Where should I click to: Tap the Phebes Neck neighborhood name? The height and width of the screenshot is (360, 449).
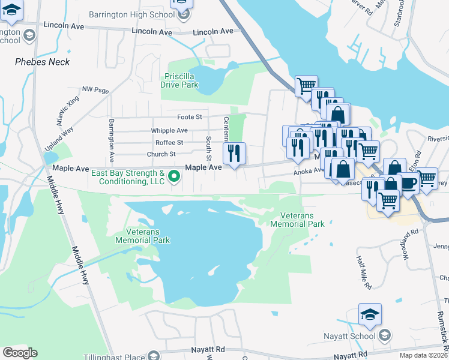[x=42, y=62]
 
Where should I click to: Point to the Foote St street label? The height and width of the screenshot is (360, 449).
[x=190, y=116]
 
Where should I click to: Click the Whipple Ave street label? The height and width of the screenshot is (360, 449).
[x=169, y=130]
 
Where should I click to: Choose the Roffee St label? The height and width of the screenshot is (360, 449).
[x=169, y=142]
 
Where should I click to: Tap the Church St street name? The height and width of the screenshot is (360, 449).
[x=161, y=154]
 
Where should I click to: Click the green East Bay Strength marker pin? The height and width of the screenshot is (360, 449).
[x=174, y=176]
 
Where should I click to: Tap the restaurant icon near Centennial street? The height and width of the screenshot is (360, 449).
[x=235, y=153]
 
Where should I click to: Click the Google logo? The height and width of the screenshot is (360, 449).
[x=20, y=353]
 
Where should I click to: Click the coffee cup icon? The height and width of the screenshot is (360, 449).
[x=408, y=184]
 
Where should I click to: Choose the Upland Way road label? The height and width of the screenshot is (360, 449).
[x=59, y=139]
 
